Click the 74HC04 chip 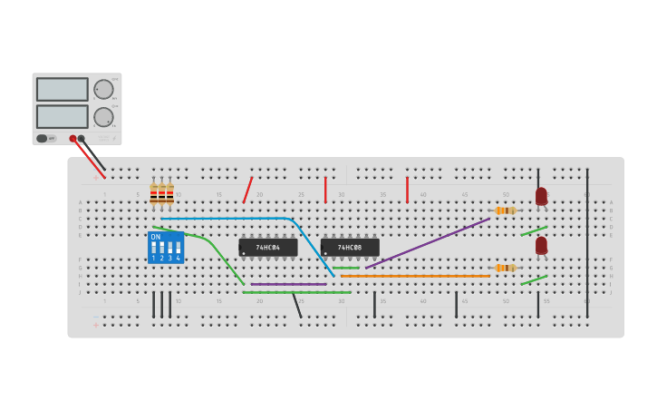[267, 247]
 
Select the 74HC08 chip [350, 247]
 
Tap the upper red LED [541, 196]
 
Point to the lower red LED [541, 245]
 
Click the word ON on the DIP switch [156, 237]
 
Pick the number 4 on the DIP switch [178, 259]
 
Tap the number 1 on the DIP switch [154, 259]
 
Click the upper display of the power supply [62, 89]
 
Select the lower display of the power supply [62, 116]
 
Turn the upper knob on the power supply [103, 89]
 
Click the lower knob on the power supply [103, 117]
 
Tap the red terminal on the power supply [73, 139]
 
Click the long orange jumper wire [417, 276]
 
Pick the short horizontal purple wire [288, 284]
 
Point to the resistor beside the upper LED [505, 210]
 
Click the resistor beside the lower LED [505, 268]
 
